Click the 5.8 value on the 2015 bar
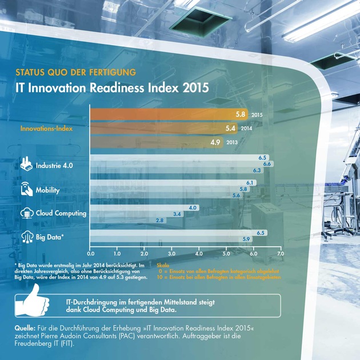[241, 114]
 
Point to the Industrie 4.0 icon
[26, 165]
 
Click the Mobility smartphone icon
[26, 189]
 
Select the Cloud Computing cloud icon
[26, 213]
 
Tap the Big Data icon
[26, 236]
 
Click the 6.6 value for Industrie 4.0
[267, 164]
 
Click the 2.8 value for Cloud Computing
[159, 220]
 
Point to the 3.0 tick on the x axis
[172, 252]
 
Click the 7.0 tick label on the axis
[280, 252]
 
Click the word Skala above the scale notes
[163, 266]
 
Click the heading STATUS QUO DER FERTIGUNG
[75, 73]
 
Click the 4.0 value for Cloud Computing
[193, 207]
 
